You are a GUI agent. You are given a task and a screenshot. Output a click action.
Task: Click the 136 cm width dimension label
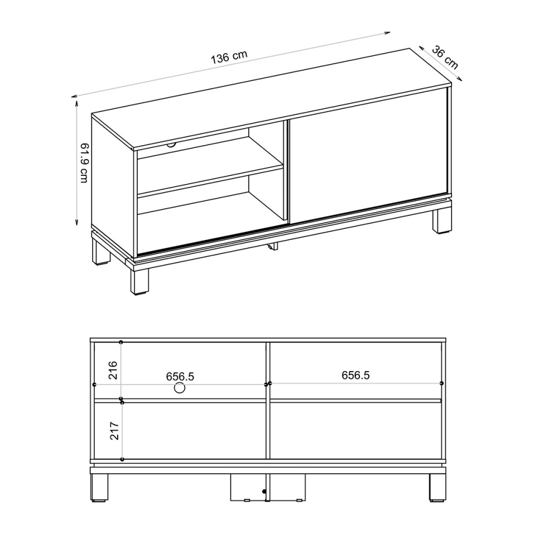[x=229, y=57]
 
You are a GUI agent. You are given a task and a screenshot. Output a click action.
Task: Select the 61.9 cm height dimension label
[x=84, y=162]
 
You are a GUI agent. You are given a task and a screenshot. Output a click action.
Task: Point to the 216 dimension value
[x=114, y=371]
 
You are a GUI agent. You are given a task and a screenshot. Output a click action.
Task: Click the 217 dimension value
[x=114, y=430]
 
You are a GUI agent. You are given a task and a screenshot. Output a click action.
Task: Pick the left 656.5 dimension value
[x=180, y=377]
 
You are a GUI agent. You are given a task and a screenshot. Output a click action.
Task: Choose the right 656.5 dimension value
[x=355, y=376]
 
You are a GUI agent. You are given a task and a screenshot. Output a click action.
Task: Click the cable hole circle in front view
[x=180, y=388]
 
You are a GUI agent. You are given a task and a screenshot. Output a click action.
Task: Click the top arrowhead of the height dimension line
[x=75, y=100]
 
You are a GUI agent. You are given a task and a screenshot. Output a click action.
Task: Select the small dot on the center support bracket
[x=262, y=492]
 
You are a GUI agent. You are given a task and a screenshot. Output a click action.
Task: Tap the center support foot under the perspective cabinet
[x=273, y=246]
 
